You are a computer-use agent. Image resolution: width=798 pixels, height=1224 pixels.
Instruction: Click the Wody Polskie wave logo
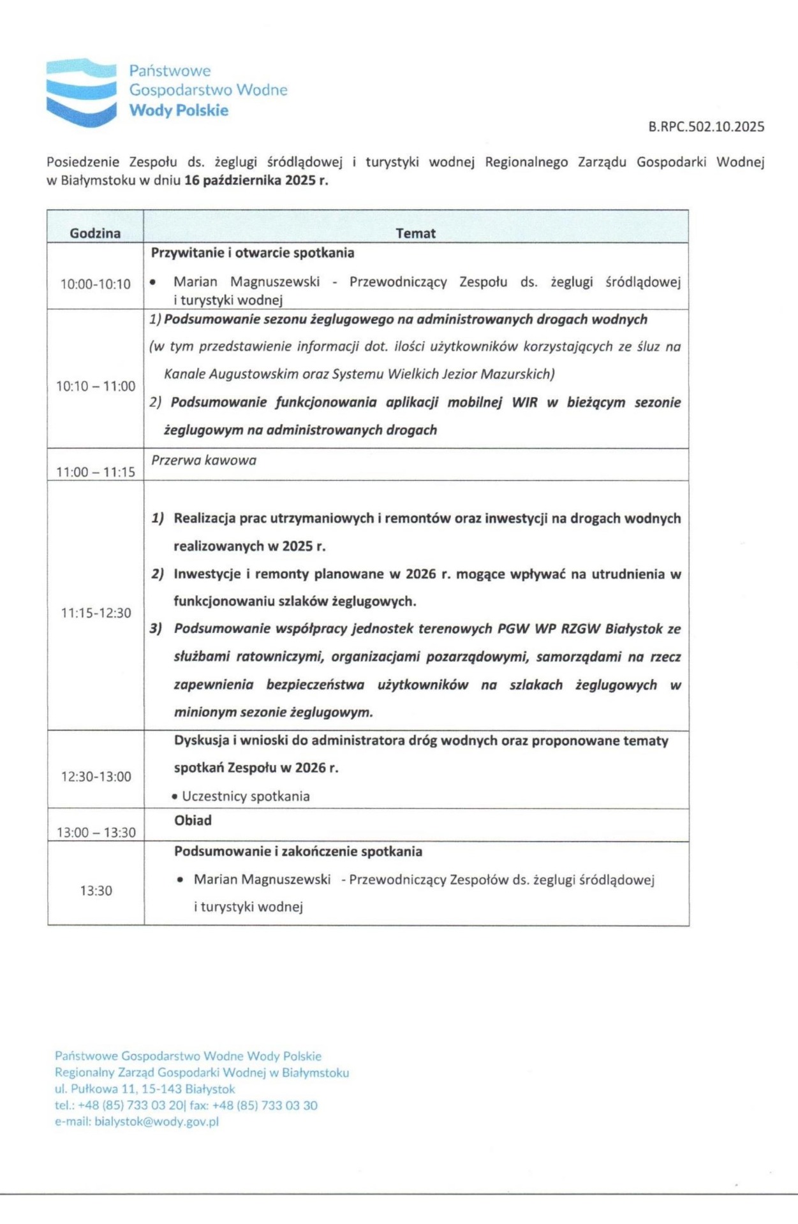pos(81,91)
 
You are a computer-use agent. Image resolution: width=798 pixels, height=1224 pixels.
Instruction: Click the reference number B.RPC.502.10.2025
pos(706,127)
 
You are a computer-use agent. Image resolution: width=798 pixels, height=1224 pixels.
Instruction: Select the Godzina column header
pos(95,233)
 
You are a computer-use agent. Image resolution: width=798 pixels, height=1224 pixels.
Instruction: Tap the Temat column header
pos(415,233)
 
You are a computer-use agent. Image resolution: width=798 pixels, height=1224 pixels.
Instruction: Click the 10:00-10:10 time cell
pos(95,284)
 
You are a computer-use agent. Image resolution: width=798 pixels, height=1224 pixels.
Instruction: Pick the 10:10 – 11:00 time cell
pos(96,386)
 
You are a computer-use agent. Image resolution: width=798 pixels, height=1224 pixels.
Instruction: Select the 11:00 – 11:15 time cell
pos(96,472)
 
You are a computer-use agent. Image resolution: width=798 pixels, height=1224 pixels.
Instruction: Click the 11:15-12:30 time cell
pos(96,613)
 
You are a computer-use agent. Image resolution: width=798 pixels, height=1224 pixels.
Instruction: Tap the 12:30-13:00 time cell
pos(96,777)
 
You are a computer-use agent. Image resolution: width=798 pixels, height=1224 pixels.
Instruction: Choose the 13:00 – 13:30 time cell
pos(96,833)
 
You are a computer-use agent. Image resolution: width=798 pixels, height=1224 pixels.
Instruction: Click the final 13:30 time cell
pos(96,891)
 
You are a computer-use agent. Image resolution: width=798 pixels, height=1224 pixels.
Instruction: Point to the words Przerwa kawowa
pos(203,460)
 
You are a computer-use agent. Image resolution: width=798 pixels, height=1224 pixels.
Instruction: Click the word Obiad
pos(193,821)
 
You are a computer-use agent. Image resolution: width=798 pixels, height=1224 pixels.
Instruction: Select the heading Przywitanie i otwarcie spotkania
pos(253,253)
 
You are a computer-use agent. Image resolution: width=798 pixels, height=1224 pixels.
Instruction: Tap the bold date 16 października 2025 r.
pos(256,180)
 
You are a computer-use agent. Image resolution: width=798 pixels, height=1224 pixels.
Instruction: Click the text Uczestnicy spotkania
pos(246,796)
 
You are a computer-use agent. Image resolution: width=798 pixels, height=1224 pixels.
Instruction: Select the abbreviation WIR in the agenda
pos(524,403)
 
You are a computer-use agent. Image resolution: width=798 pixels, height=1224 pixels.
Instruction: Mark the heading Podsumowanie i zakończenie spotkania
pos(298,852)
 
